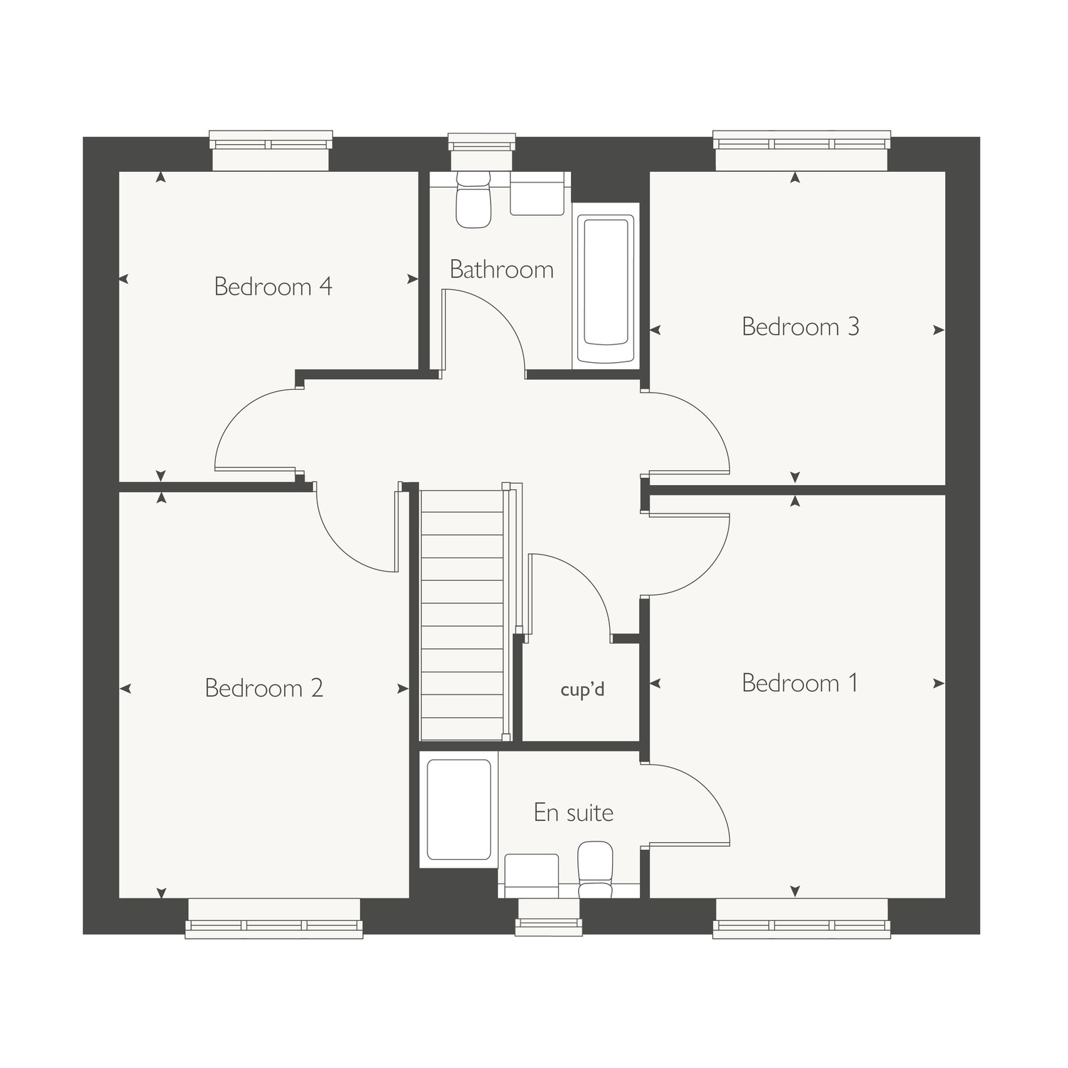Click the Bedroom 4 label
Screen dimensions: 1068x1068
273,286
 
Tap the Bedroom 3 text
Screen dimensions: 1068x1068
800,327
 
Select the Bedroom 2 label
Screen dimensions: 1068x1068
264,687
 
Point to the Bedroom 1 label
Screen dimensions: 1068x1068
800,682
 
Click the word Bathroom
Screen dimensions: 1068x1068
501,269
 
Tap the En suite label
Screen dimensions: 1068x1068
573,812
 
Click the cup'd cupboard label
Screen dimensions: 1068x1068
582,690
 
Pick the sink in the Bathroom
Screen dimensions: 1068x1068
538,193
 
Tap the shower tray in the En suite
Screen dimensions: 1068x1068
459,810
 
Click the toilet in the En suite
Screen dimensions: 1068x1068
595,870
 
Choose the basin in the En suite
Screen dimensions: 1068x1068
531,876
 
